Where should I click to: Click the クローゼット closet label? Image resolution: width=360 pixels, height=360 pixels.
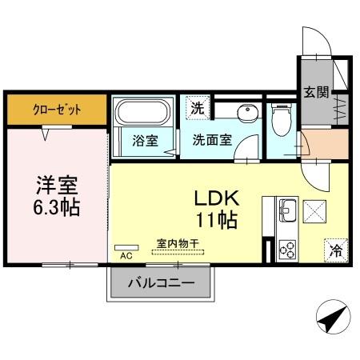(x=57, y=110)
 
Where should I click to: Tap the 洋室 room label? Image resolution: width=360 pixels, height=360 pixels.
(x=56, y=185)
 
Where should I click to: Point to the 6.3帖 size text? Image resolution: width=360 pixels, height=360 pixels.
(x=56, y=207)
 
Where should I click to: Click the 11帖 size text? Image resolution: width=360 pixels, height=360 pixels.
(x=213, y=220)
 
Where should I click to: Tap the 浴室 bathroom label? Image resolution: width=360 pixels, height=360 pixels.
(x=145, y=140)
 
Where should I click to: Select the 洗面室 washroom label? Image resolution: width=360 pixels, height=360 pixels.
(x=212, y=139)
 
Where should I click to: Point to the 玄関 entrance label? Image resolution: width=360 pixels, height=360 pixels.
(x=315, y=91)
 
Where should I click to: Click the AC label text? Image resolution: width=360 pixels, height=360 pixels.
(x=125, y=257)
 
